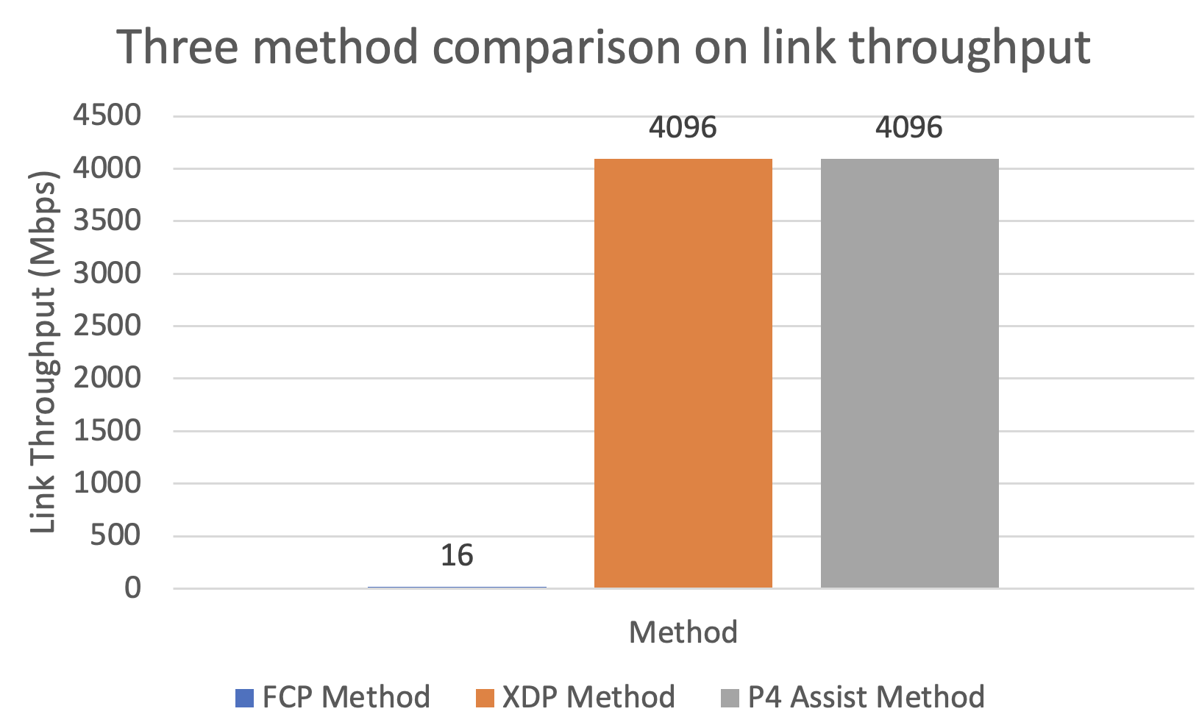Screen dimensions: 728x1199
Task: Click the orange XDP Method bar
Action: [x=683, y=374]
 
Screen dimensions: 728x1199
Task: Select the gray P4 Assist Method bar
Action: [x=909, y=374]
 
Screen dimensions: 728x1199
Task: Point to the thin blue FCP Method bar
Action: [x=457, y=587]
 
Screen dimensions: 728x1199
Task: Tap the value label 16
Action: [x=457, y=555]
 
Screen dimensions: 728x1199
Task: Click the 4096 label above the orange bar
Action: [x=683, y=128]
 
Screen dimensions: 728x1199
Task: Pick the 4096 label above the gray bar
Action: [x=909, y=128]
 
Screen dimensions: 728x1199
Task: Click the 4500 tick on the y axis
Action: [x=107, y=115]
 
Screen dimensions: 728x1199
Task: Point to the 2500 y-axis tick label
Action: [x=107, y=325]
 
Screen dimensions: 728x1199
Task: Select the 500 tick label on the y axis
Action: [x=115, y=535]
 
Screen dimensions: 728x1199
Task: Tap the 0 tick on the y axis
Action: [x=132, y=588]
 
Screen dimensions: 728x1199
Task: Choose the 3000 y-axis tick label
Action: [x=107, y=273]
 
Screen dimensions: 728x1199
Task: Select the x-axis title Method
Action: [x=683, y=632]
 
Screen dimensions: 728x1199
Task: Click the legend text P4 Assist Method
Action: [x=866, y=697]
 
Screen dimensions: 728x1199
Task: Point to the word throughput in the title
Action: [x=969, y=48]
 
